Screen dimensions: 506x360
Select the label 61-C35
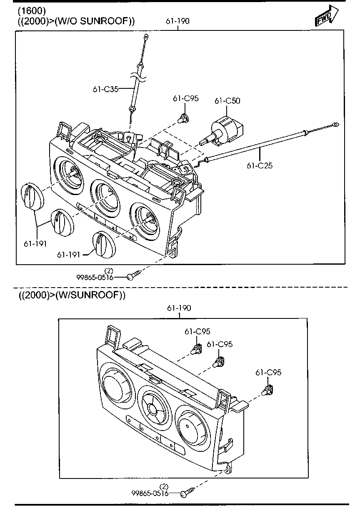tap(105, 88)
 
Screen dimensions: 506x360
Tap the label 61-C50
tap(227, 101)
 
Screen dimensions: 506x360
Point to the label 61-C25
tap(259, 165)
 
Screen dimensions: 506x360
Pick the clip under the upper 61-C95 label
tap(182, 118)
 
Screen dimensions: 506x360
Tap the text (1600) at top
tap(32, 10)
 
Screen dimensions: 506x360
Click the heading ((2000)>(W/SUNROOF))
tap(72, 295)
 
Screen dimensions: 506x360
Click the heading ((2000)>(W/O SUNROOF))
tap(76, 21)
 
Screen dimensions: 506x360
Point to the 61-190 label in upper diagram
tap(177, 21)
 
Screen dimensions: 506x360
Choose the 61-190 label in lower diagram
tap(179, 308)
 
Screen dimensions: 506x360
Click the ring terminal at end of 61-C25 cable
tap(336, 124)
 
